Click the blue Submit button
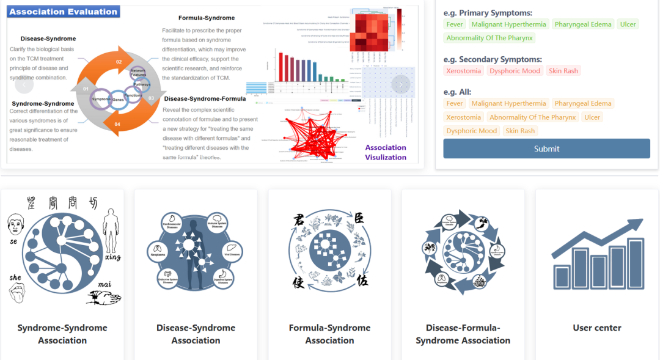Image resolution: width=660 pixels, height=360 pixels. tap(546, 149)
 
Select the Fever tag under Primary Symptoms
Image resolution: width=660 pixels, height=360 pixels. tap(454, 24)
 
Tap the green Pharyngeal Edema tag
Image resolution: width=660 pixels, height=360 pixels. tap(582, 24)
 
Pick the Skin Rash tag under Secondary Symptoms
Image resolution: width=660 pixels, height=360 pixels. tap(563, 71)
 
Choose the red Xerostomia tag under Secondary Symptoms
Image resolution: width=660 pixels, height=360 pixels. tap(463, 71)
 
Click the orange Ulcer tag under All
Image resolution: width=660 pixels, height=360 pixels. tap(592, 117)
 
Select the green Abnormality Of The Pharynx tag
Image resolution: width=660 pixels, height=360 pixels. tap(490, 38)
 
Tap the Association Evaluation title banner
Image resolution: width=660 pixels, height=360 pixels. tap(64, 12)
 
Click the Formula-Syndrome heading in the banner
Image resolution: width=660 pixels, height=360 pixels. tap(207, 18)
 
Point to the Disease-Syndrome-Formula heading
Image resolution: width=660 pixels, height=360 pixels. tap(205, 98)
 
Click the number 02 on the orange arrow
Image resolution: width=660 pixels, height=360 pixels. tap(119, 62)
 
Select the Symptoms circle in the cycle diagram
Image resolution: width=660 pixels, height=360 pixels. tap(101, 99)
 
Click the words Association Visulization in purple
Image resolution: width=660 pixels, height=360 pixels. tap(386, 152)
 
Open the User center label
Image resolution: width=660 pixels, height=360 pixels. tap(596, 328)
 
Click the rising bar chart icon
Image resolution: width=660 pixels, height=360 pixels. tap(597, 254)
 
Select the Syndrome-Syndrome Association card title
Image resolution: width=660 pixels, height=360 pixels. tap(62, 334)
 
